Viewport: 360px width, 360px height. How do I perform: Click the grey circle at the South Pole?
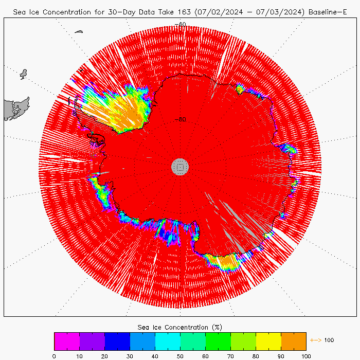pyautogui.click(x=180, y=166)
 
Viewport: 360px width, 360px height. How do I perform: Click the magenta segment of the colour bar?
pyautogui.click(x=67, y=341)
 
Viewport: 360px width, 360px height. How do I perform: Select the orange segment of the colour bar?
pyautogui.click(x=294, y=341)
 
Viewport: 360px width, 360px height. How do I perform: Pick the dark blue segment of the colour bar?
pyautogui.click(x=117, y=341)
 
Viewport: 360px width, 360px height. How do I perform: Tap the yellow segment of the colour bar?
pyautogui.click(x=268, y=341)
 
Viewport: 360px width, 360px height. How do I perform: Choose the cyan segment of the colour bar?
pyautogui.click(x=168, y=341)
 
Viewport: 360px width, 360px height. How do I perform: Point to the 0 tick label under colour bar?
pyautogui.click(x=54, y=355)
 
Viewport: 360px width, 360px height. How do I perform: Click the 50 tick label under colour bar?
pyautogui.click(x=180, y=355)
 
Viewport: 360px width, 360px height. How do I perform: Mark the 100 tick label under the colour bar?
pyautogui.click(x=306, y=355)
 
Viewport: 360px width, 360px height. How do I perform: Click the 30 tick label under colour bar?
pyautogui.click(x=130, y=355)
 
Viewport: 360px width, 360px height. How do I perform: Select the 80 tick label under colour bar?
pyautogui.click(x=256, y=355)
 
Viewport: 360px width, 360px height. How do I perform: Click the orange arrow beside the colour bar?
pyautogui.click(x=315, y=340)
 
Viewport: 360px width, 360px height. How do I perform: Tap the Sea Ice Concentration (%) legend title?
pyautogui.click(x=180, y=327)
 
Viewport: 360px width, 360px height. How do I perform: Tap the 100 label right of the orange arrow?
pyautogui.click(x=329, y=340)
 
